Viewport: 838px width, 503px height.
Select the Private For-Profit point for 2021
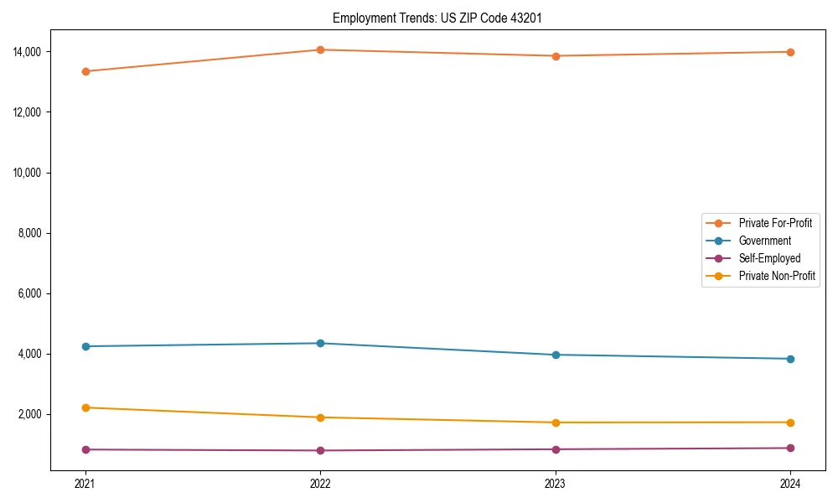coord(85,71)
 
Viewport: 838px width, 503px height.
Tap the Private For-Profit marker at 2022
coord(320,49)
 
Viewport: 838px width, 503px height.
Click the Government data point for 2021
coord(85,346)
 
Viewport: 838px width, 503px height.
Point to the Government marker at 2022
coord(320,343)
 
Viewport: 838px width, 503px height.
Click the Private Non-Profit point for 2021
coord(85,407)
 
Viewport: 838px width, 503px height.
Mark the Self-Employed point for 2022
coord(320,450)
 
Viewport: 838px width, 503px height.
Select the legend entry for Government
coord(764,241)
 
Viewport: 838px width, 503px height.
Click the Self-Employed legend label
coord(769,258)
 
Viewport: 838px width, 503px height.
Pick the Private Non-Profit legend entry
coord(777,276)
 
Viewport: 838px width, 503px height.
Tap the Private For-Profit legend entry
coord(775,223)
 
